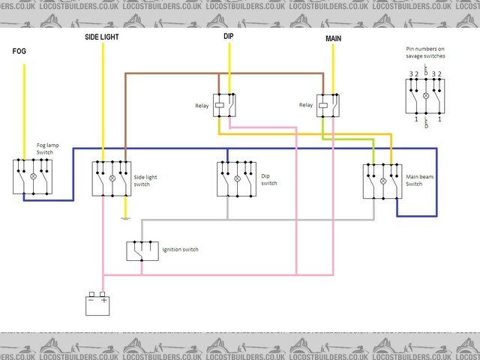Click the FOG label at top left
[x=19, y=52]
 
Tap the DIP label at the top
[x=229, y=35]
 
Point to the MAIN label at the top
[x=334, y=37]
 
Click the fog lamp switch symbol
[x=31, y=177]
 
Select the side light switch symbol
[x=111, y=178]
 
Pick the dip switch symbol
[x=236, y=178]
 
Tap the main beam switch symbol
[x=382, y=181]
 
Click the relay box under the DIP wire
[x=224, y=106]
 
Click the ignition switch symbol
[x=141, y=251]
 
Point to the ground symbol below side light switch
[x=125, y=218]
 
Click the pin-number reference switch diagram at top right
[x=426, y=96]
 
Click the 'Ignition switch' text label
[x=180, y=250]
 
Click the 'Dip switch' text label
[x=269, y=179]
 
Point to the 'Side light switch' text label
[x=145, y=181]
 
